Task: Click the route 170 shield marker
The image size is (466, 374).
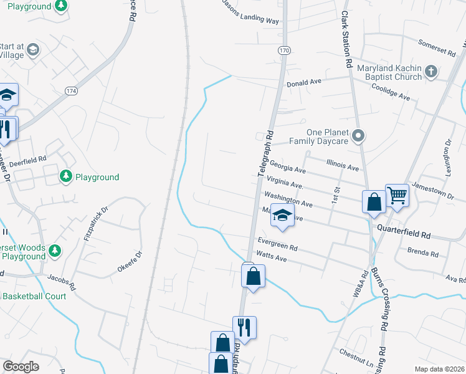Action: [x=284, y=50]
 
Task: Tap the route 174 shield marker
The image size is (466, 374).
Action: [x=71, y=90]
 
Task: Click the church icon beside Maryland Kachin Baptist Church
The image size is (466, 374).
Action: [x=431, y=72]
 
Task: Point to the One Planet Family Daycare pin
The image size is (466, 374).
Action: [x=358, y=135]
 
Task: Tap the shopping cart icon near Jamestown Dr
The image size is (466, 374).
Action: [x=397, y=196]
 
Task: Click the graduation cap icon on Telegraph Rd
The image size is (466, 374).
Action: [x=282, y=216]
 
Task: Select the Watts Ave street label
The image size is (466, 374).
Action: [x=271, y=256]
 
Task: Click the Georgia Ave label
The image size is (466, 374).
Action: [x=288, y=168]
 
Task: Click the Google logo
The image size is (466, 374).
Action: [x=21, y=367]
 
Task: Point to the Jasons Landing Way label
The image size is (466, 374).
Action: [x=250, y=11]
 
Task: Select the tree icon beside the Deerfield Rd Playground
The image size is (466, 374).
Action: [x=66, y=177]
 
